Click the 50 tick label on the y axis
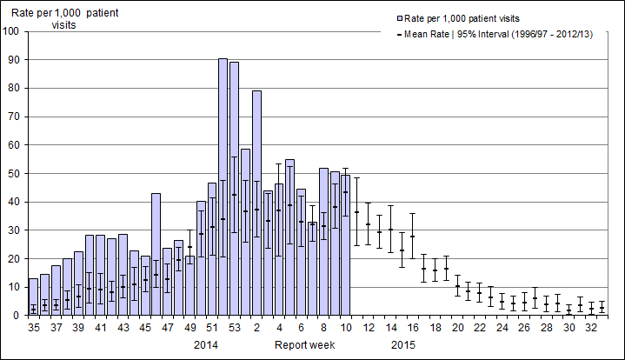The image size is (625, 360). coord(14,174)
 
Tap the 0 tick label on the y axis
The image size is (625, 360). coord(17,316)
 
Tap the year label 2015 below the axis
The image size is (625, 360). coord(402,345)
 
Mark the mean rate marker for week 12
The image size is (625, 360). coord(368,224)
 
